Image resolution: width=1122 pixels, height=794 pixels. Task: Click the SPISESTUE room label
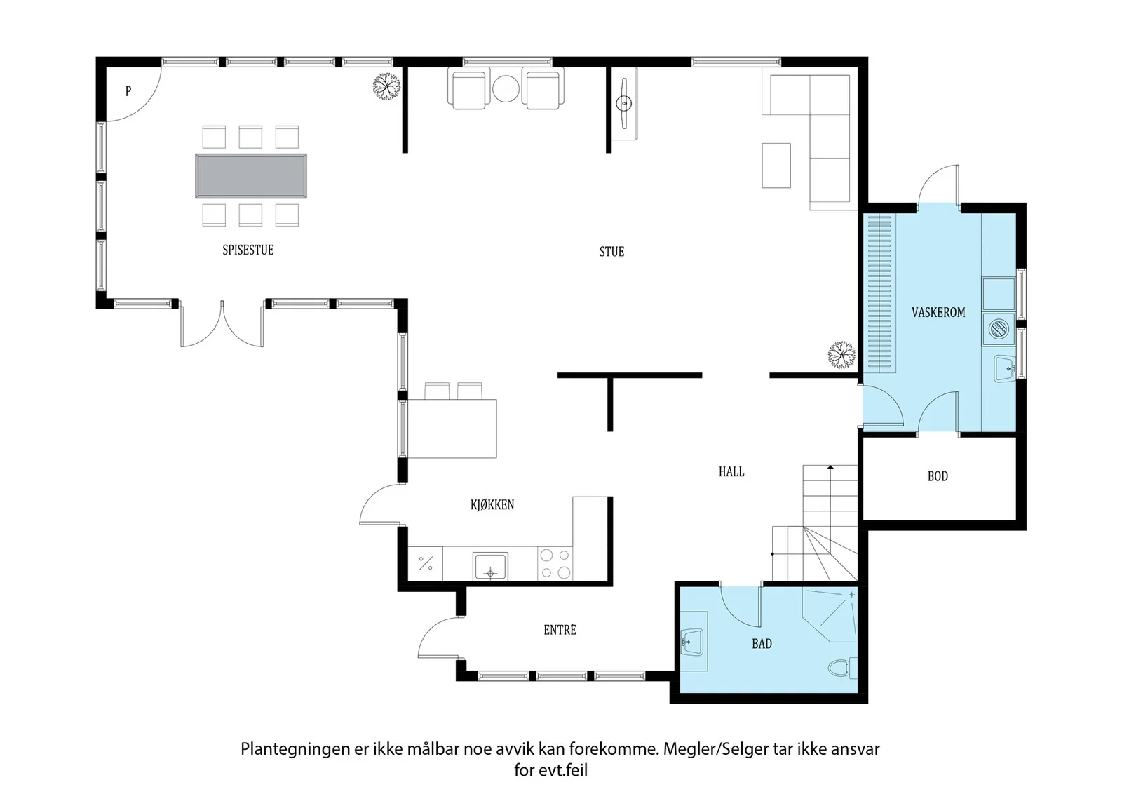tap(248, 250)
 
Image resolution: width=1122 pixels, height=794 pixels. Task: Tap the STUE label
tap(611, 252)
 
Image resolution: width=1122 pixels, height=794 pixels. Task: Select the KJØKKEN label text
tap(492, 504)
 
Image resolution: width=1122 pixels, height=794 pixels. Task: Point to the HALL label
tap(731, 471)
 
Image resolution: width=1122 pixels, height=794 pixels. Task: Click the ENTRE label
tap(560, 630)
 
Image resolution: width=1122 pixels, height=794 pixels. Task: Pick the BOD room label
tap(938, 476)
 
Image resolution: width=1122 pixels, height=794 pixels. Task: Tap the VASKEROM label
tap(938, 313)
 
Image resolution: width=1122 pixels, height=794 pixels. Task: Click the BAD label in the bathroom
tap(762, 644)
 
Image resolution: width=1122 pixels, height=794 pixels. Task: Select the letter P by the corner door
tap(128, 91)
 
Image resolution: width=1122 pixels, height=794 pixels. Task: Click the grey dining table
tap(251, 176)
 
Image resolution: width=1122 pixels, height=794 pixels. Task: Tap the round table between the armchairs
tap(506, 88)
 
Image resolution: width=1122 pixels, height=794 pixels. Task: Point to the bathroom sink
tap(694, 642)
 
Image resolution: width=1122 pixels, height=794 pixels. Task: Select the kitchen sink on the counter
tap(490, 566)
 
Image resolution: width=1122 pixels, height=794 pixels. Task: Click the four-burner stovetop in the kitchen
tap(555, 563)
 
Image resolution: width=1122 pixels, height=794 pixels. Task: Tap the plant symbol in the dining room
tap(386, 87)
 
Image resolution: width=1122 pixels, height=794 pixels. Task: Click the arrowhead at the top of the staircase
tap(830, 467)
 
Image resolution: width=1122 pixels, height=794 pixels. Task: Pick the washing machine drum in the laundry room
tap(999, 329)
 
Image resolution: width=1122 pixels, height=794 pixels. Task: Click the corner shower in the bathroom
tap(830, 614)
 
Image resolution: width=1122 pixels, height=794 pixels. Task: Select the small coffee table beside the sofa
tap(776, 166)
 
